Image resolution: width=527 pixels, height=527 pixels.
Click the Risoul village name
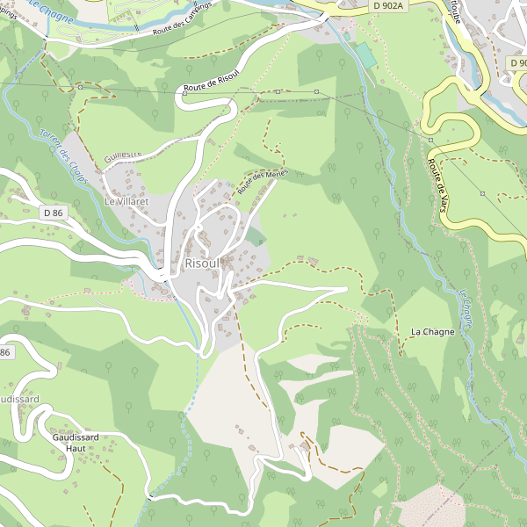tap(201, 263)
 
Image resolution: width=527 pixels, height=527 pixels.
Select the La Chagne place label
tap(432, 331)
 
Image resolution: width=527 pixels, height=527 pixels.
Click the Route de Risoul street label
tap(212, 83)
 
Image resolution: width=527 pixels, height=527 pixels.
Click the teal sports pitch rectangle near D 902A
tap(364, 54)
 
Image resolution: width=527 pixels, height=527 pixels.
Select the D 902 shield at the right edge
tap(517, 63)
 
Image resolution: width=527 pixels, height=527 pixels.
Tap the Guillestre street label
tap(122, 155)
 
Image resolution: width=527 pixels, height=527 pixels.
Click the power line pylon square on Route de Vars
tap(430, 140)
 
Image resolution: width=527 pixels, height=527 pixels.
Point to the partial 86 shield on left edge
tap(5, 352)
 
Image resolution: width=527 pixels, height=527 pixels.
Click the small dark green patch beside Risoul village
tap(255, 236)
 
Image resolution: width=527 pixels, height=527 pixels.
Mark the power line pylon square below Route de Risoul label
tap(278, 91)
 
